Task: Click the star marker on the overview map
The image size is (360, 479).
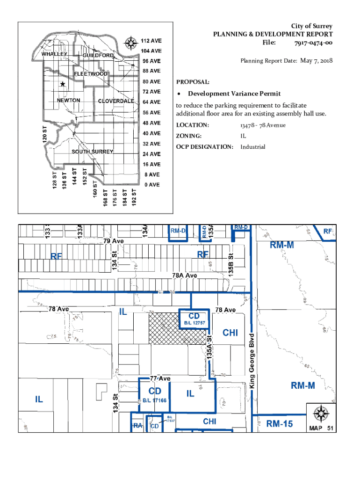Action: point(62,84)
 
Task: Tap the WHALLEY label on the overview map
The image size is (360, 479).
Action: point(55,54)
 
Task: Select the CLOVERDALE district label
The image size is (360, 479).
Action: point(116,101)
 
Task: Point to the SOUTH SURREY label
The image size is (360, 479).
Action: point(93,152)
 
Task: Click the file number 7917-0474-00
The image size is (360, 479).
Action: point(313,43)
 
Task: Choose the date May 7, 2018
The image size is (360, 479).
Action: point(317,60)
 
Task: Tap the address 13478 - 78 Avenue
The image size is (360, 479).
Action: point(263,125)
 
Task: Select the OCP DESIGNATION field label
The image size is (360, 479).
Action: point(204,147)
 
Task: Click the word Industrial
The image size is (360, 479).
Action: point(253,147)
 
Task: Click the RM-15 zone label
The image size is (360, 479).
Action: point(280,424)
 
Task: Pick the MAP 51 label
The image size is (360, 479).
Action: point(321,428)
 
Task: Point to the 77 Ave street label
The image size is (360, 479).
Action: point(160,378)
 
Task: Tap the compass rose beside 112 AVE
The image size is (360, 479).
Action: point(131,44)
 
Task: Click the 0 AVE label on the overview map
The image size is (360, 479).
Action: point(151,185)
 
